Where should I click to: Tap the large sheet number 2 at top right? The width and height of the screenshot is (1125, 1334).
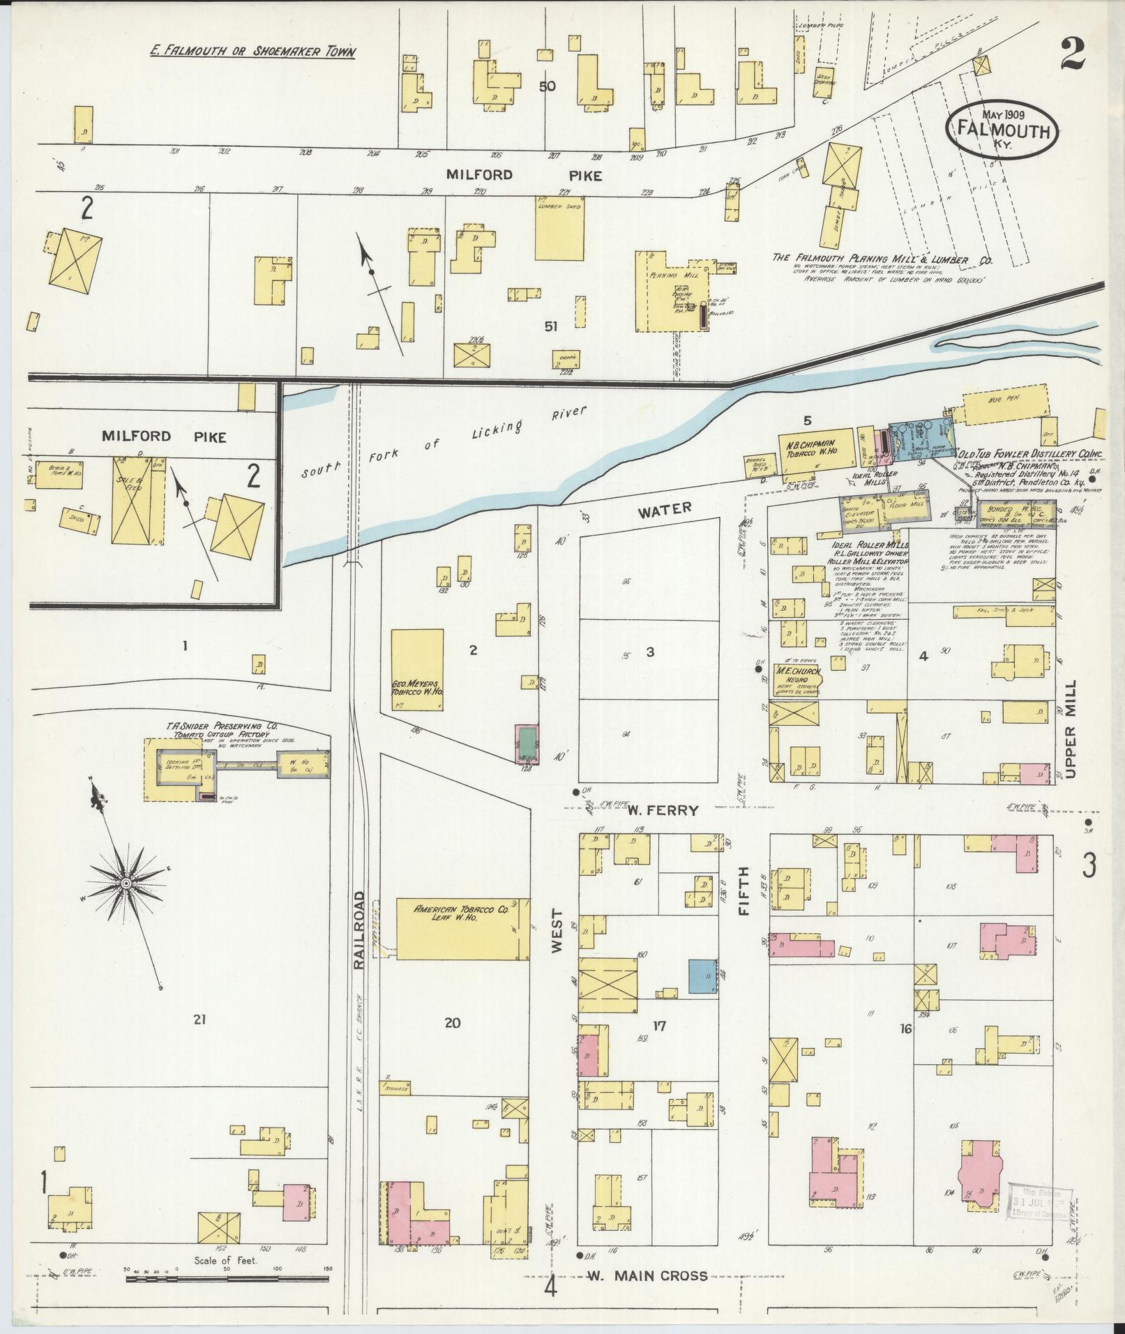point(1073,54)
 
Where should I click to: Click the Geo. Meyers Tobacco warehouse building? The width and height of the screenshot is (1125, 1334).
point(417,669)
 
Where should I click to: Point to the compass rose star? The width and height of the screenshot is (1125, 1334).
point(126,884)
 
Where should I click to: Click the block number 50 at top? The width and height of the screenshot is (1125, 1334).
point(548,86)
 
